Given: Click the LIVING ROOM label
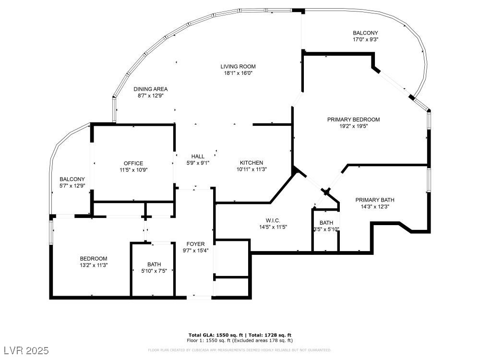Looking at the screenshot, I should point(238,66).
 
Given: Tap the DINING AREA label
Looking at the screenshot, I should point(150,89).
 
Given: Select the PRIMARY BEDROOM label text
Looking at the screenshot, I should point(353,120).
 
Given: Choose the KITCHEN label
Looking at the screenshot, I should point(252,163).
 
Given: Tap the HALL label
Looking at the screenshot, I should point(198,156).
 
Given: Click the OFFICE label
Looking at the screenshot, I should point(133,163).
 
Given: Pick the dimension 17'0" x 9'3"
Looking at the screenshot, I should point(366,40).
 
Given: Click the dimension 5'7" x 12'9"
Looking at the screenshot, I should point(72,186).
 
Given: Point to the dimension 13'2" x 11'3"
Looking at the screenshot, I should point(94,264).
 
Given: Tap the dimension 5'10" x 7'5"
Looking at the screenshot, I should point(154,271).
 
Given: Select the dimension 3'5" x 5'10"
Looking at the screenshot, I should point(326,229).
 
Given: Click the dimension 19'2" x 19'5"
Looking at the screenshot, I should point(353,126).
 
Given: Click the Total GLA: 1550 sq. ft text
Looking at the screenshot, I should point(216,335).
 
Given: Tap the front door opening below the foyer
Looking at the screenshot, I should point(199,298).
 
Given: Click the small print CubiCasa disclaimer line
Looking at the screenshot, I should point(240,350).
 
